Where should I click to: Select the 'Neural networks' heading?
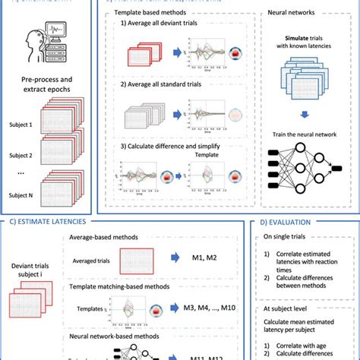297,14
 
